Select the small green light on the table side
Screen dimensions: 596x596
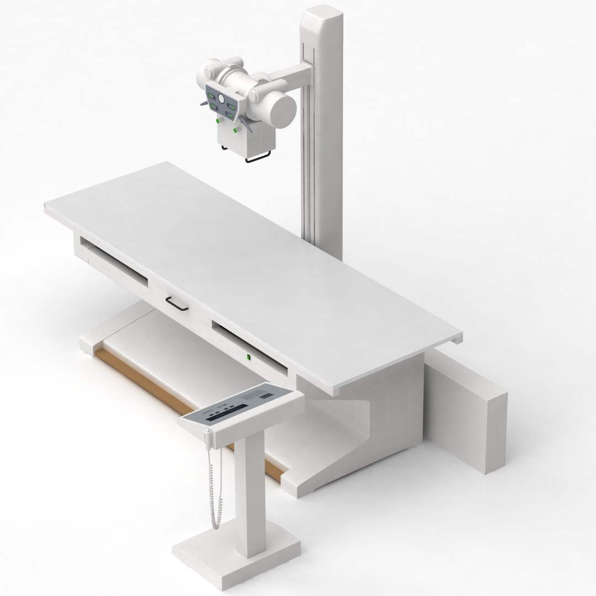(x=249, y=358)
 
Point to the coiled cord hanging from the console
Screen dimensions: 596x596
(x=213, y=486)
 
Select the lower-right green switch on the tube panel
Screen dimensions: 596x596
(x=228, y=115)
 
